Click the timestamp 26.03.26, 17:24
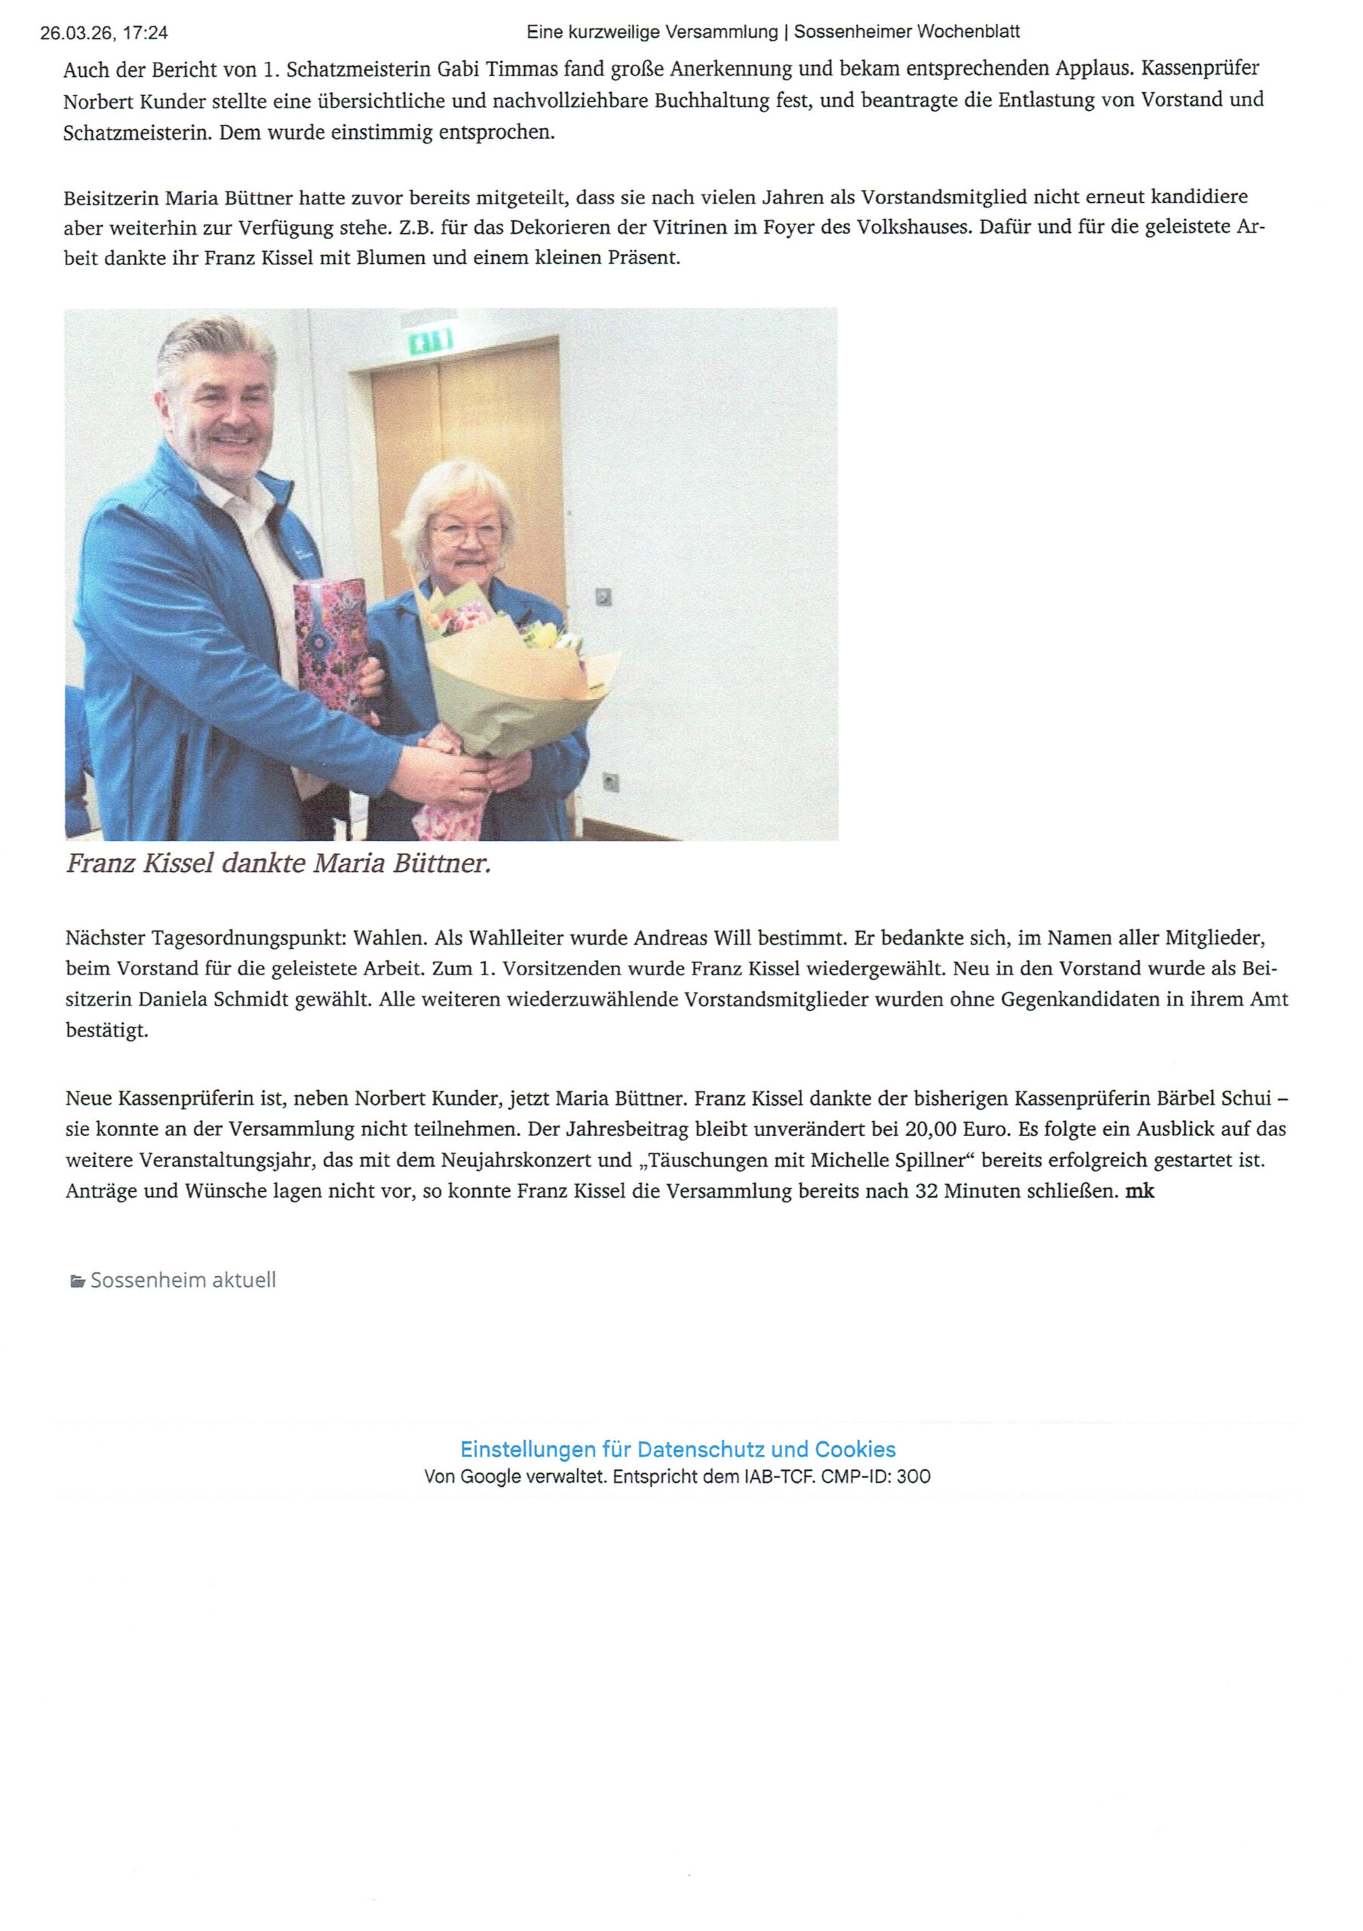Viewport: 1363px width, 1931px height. pyautogui.click(x=104, y=32)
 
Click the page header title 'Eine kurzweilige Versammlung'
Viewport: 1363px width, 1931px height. pyautogui.click(x=652, y=32)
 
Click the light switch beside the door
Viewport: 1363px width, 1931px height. pyautogui.click(x=603, y=597)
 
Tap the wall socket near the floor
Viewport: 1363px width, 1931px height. pyautogui.click(x=610, y=782)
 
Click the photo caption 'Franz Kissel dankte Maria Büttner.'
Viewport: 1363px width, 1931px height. pyautogui.click(x=278, y=864)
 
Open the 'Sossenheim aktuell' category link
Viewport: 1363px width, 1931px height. pyautogui.click(x=183, y=1280)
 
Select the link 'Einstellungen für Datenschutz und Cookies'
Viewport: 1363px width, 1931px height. pyautogui.click(x=677, y=1449)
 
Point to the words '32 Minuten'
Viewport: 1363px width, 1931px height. pyautogui.click(x=967, y=1191)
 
